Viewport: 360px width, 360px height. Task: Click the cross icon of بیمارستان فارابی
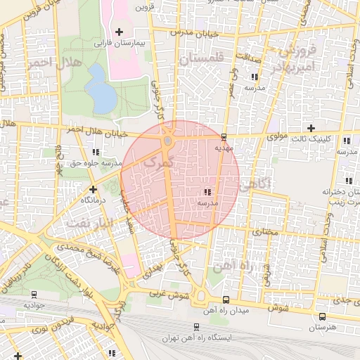[x=119, y=32]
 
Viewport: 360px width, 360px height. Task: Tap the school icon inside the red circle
[x=207, y=191]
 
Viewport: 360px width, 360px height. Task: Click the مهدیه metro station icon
[x=224, y=137]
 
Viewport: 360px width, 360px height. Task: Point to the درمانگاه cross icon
[x=93, y=188]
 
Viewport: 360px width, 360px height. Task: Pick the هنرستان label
[x=322, y=328]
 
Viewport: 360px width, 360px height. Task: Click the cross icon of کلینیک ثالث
[x=311, y=127]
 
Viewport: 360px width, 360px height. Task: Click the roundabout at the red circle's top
[x=168, y=141]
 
